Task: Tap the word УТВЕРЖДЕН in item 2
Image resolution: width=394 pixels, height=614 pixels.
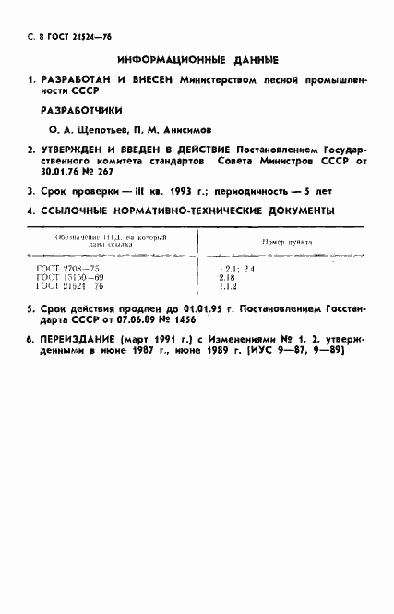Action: coord(81,148)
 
